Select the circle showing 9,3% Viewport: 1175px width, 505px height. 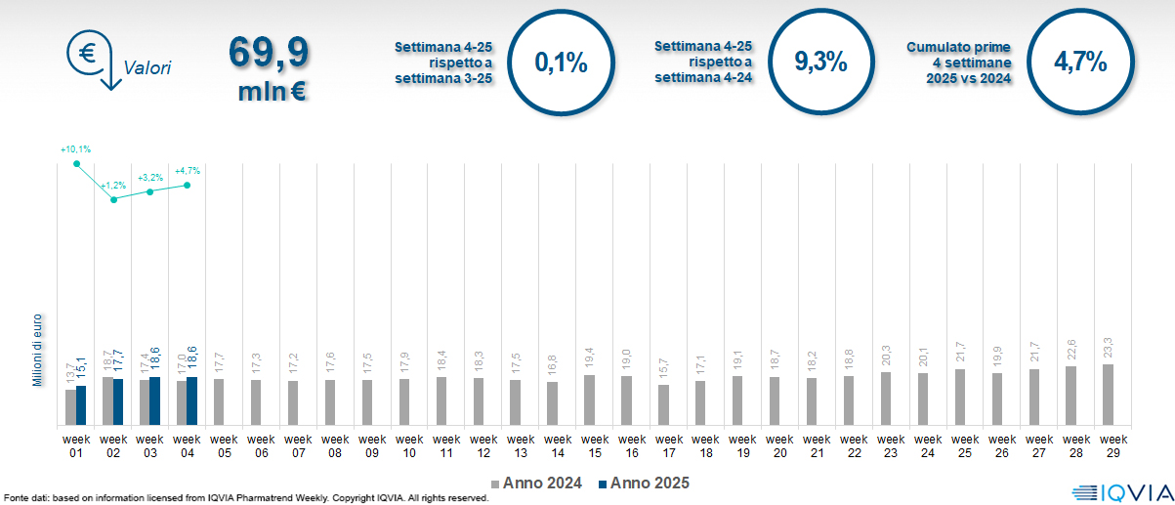coord(819,63)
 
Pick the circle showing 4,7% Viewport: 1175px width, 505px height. coord(1079,63)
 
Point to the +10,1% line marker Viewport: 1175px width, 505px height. coord(76,163)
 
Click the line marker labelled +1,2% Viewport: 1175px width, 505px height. coord(113,199)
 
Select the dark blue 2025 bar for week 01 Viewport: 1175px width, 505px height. coord(81,405)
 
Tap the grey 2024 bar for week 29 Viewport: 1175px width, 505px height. coord(1107,395)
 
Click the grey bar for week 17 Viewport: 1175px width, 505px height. coord(663,405)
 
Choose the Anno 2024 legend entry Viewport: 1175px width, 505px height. coord(537,484)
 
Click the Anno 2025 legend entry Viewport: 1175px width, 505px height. coord(645,484)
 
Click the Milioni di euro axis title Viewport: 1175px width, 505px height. coord(37,349)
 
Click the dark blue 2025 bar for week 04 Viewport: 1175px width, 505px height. coord(192,401)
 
